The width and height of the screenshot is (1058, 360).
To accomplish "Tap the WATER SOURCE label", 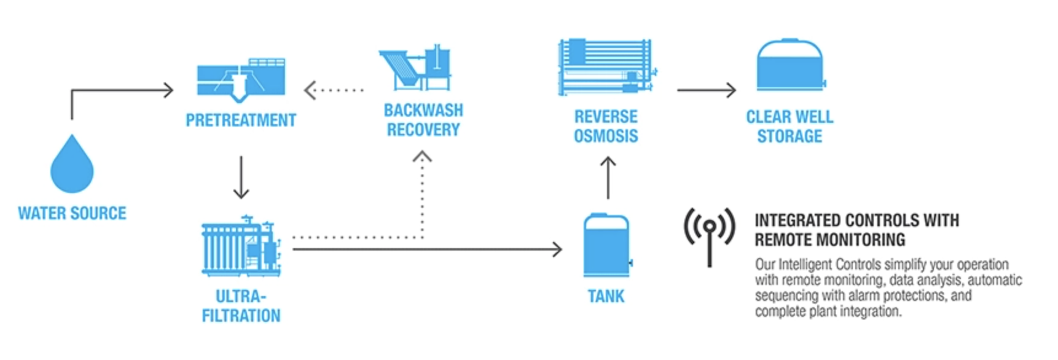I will [x=72, y=213].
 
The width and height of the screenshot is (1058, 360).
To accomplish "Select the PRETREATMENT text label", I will [x=241, y=120].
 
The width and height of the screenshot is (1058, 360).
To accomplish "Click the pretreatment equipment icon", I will [x=241, y=79].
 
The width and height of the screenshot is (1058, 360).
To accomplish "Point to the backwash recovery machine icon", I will [x=415, y=69].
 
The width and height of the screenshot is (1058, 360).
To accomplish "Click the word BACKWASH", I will [x=423, y=110].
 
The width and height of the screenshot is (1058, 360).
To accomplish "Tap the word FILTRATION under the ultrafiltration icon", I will [x=241, y=316].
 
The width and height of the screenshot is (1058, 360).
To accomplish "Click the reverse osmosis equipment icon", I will [x=606, y=68].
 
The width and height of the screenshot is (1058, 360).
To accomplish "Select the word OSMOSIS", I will [x=606, y=136].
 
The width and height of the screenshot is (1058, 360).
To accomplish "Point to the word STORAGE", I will [x=790, y=136].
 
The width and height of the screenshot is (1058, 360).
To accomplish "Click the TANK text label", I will [x=606, y=296].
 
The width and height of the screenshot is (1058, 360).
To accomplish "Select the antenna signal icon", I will [x=710, y=234].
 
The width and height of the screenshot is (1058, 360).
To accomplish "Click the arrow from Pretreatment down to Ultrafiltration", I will [x=241, y=177].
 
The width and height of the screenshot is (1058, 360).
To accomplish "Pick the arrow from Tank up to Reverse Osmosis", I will [x=608, y=177].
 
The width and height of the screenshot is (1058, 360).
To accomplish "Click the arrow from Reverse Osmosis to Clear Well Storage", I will [x=706, y=90].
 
